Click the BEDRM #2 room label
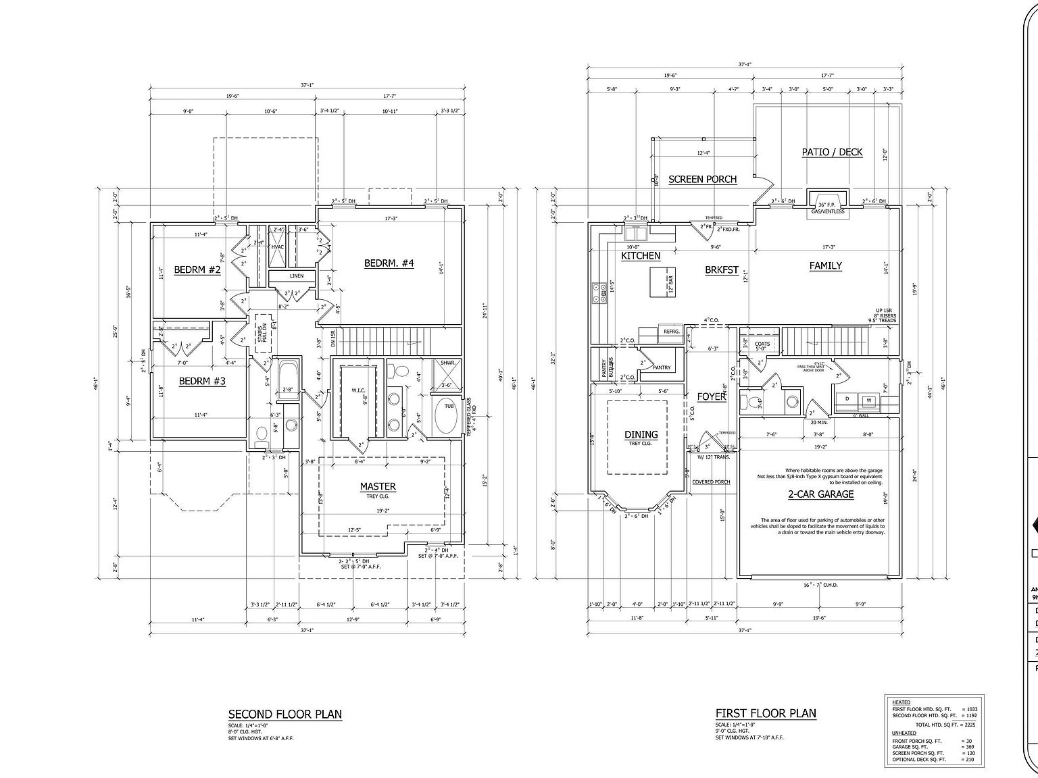point(197,270)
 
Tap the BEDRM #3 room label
point(202,382)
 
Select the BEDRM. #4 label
point(389,263)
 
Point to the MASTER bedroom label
point(378,486)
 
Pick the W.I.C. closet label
point(358,390)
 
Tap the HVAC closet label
point(278,247)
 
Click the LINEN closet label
point(297,276)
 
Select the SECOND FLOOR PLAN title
point(285,714)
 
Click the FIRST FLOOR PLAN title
point(766,713)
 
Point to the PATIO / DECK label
point(832,152)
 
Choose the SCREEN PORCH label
point(702,180)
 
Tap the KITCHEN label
point(641,256)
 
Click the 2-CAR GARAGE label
point(820,494)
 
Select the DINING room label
point(641,435)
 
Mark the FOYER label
point(712,396)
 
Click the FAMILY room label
point(825,266)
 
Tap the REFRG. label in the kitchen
point(671,332)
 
